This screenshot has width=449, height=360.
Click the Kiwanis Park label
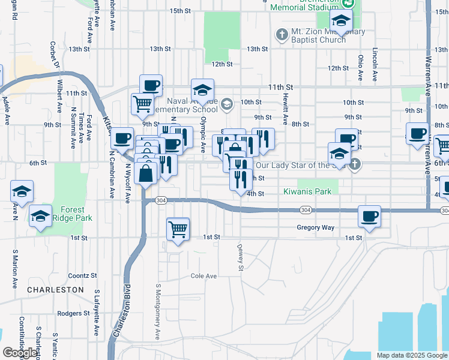click(x=307, y=193)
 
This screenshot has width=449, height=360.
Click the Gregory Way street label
click(x=315, y=227)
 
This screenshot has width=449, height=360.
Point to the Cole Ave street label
click(x=203, y=276)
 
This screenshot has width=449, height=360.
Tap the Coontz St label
click(x=82, y=275)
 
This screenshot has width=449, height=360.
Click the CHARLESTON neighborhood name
click(x=55, y=289)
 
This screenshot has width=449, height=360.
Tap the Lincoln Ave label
click(x=375, y=65)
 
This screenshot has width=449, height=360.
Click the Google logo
click(x=20, y=353)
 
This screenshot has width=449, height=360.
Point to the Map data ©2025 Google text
click(x=411, y=355)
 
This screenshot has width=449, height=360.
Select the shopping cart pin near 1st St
click(x=178, y=228)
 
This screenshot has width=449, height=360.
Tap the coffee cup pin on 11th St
click(x=151, y=85)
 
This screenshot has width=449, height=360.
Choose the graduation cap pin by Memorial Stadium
click(x=342, y=22)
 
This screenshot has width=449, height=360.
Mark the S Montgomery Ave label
click(x=158, y=312)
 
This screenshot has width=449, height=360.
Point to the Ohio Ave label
click(x=361, y=68)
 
